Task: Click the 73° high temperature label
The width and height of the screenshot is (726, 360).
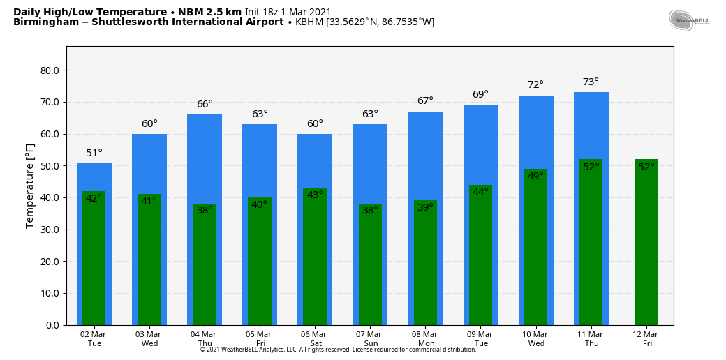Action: (591, 82)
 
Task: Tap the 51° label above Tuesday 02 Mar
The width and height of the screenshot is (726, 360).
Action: (94, 153)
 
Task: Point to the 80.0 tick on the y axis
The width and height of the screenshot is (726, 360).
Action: (50, 70)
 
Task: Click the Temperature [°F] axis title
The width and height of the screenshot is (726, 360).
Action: (30, 186)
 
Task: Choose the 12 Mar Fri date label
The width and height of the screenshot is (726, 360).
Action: (646, 338)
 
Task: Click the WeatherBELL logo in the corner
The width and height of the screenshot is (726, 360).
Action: (688, 20)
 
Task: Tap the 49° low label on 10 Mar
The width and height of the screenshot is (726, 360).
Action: (535, 176)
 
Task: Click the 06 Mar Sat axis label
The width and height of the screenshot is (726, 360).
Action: (315, 338)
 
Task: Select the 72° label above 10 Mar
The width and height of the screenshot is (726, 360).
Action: (535, 84)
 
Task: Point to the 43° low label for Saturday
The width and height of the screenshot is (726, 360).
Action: (315, 195)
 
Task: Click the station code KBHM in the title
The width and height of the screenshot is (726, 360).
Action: (309, 22)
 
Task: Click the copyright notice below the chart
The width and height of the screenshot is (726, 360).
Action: (338, 350)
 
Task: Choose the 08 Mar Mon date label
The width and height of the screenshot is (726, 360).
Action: (425, 338)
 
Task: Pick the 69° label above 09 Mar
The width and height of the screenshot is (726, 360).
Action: (480, 94)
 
